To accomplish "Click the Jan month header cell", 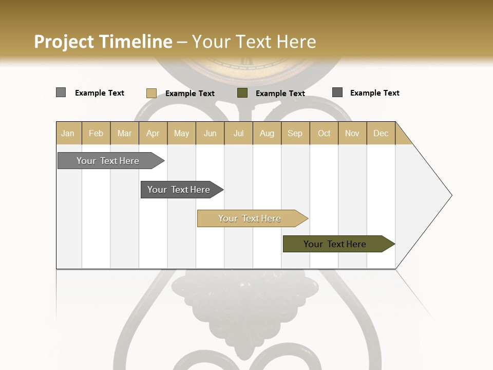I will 68,133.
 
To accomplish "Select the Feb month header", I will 96,133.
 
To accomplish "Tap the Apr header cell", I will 153,133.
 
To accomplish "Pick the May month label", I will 181,133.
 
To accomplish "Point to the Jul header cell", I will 238,133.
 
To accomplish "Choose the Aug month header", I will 267,133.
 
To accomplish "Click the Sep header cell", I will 295,133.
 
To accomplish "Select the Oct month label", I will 324,133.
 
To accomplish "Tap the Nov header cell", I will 352,133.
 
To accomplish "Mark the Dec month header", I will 381,133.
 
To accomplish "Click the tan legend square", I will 151,93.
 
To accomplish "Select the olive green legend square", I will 242,93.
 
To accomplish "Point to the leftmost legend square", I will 61,92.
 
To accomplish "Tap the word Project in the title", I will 64,42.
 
